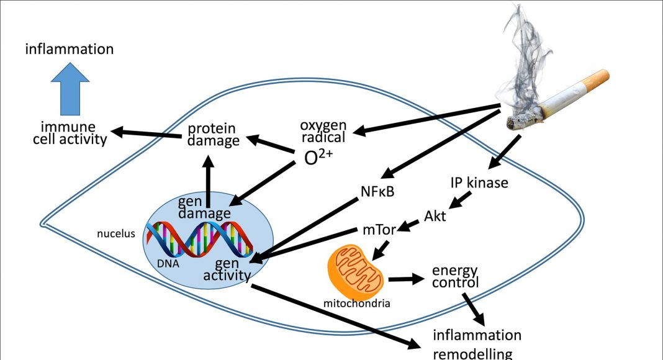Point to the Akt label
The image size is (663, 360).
pos(435,216)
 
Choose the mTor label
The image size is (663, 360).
pos(379,230)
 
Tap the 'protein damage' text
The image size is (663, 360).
pos(214,135)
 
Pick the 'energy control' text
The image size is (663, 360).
pos(455,276)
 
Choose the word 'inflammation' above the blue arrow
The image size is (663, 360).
pos(70,49)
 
